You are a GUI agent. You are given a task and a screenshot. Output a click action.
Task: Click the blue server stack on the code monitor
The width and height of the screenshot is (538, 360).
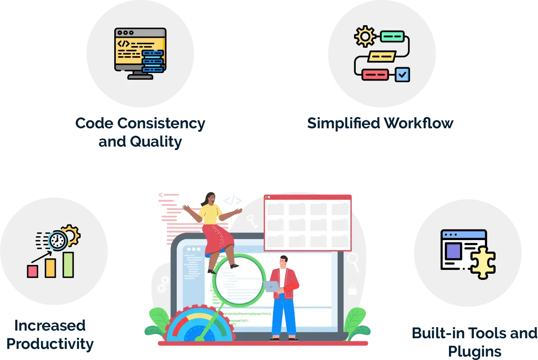click(153, 61)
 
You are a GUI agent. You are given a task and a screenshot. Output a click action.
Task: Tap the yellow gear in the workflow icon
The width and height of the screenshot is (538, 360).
click(365, 37)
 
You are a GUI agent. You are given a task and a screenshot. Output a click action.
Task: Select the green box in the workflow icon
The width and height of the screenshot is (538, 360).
click(392, 37)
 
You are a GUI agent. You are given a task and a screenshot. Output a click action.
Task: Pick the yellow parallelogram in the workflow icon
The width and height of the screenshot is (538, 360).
click(382, 57)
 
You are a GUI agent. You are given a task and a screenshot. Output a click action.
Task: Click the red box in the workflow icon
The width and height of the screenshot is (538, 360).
click(374, 74)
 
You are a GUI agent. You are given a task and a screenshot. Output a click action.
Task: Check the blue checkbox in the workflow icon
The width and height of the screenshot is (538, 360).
click(402, 74)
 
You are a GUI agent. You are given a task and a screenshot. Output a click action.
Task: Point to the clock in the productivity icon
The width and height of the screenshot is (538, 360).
click(58, 241)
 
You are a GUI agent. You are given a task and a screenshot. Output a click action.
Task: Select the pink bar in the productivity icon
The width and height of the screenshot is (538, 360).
click(32, 271)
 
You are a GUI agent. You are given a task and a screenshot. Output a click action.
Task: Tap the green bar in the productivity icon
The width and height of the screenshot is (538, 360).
click(68, 264)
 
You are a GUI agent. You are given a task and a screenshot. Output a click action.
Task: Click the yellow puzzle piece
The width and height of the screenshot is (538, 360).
click(483, 262)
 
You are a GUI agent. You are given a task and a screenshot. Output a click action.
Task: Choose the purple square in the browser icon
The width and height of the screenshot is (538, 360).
click(454, 251)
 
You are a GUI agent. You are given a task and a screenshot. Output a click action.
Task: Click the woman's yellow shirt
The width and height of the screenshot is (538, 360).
click(210, 215)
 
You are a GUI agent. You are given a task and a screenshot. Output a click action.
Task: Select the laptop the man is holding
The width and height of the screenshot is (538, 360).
click(272, 286)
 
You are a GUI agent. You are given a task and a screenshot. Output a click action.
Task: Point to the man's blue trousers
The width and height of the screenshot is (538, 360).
click(284, 317)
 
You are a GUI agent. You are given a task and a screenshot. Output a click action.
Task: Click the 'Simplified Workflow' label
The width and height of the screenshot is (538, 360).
click(380, 123)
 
